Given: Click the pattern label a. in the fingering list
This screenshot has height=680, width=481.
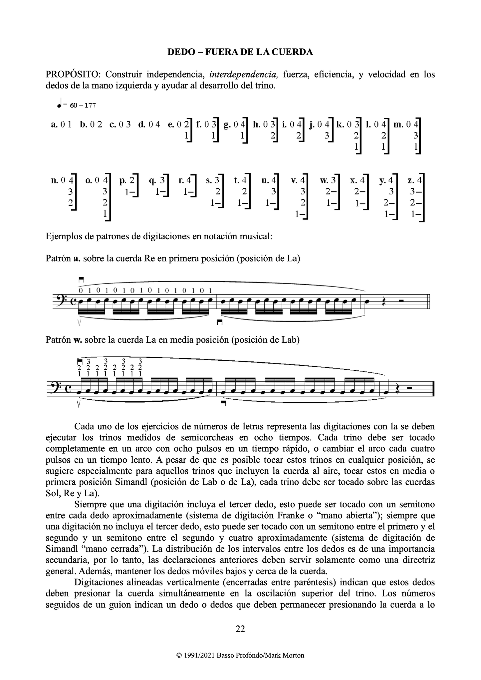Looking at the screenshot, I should coord(54,125).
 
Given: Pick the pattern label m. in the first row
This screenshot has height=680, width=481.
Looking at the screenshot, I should coord(398,125).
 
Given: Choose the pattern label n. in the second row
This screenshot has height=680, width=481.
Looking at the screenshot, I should coord(54,181).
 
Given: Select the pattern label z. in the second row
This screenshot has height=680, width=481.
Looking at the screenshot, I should coord(411,181).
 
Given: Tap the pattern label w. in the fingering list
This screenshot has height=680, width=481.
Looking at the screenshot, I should coord(324,181).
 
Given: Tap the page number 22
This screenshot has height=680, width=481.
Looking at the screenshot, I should coord(240,628).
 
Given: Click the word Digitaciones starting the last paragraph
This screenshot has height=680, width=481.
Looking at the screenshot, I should coord(100,582).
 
